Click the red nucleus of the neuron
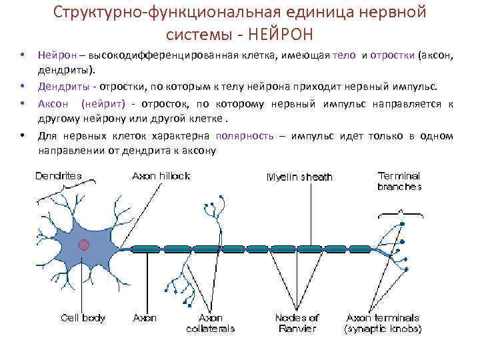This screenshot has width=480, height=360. coord(83,245)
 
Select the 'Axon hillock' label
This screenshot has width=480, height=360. coord(161,176)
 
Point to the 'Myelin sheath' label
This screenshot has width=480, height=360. coord(299,177)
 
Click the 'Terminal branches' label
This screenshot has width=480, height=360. coord(399,181)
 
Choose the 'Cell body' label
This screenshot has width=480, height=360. coord(83,318)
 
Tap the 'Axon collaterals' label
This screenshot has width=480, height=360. coord(210,323)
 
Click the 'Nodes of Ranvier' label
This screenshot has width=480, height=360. coord(297,323)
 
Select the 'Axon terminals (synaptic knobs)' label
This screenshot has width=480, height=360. coord(383,323)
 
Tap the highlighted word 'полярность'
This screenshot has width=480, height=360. coord(244,136)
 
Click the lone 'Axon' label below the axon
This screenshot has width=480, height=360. coord(145,318)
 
